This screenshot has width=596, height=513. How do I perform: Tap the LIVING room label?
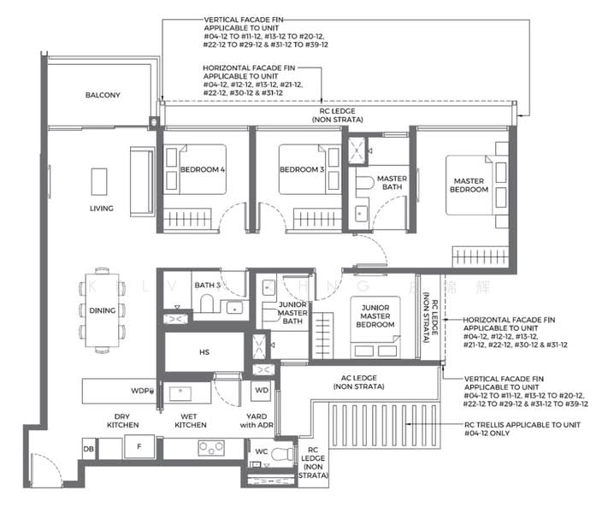coord(102,209)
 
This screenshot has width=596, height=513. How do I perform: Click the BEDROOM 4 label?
coord(202,169)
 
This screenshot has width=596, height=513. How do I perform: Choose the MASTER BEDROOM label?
coord(469,184)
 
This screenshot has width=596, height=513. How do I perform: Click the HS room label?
coord(204,352)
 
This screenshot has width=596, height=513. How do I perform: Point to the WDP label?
coord(141,391)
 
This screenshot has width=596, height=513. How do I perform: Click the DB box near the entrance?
coord(88,448)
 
